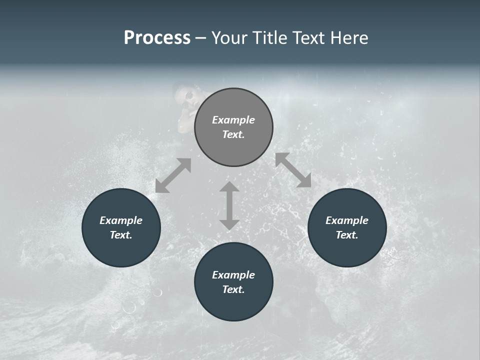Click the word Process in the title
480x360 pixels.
tap(157, 38)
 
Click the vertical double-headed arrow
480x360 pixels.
tap(229, 205)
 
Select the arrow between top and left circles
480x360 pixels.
tap(173, 175)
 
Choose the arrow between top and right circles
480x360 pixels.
tap(293, 170)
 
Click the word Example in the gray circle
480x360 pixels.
tap(233, 120)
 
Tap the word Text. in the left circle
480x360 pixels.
tap(121, 235)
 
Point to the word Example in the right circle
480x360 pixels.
tap(347, 220)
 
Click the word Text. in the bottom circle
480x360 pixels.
tap(233, 289)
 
